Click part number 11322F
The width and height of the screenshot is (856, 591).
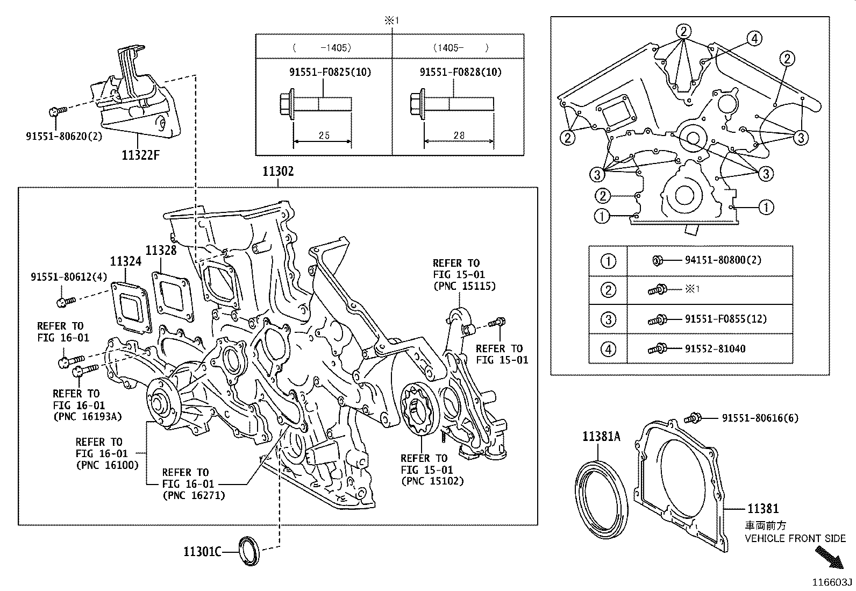(x=141, y=155)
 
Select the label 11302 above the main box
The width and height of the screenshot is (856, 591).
(x=278, y=172)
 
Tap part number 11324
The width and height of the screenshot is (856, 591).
(x=126, y=261)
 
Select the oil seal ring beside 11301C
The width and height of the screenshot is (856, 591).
(x=249, y=551)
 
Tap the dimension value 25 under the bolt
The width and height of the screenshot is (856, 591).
(x=324, y=136)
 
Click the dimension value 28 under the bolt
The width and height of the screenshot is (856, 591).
(x=459, y=136)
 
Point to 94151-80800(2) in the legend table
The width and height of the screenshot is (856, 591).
(x=723, y=260)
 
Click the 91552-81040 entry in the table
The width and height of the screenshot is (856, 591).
(x=715, y=348)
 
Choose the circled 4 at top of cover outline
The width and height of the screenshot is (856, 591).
(x=754, y=38)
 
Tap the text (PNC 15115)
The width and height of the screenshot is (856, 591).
(x=464, y=286)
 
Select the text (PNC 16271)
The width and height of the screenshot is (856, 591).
(x=193, y=495)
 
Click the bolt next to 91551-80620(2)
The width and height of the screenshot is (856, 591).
(x=57, y=111)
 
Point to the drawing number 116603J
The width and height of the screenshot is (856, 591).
(x=832, y=582)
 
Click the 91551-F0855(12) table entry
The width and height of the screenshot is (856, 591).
(x=725, y=319)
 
